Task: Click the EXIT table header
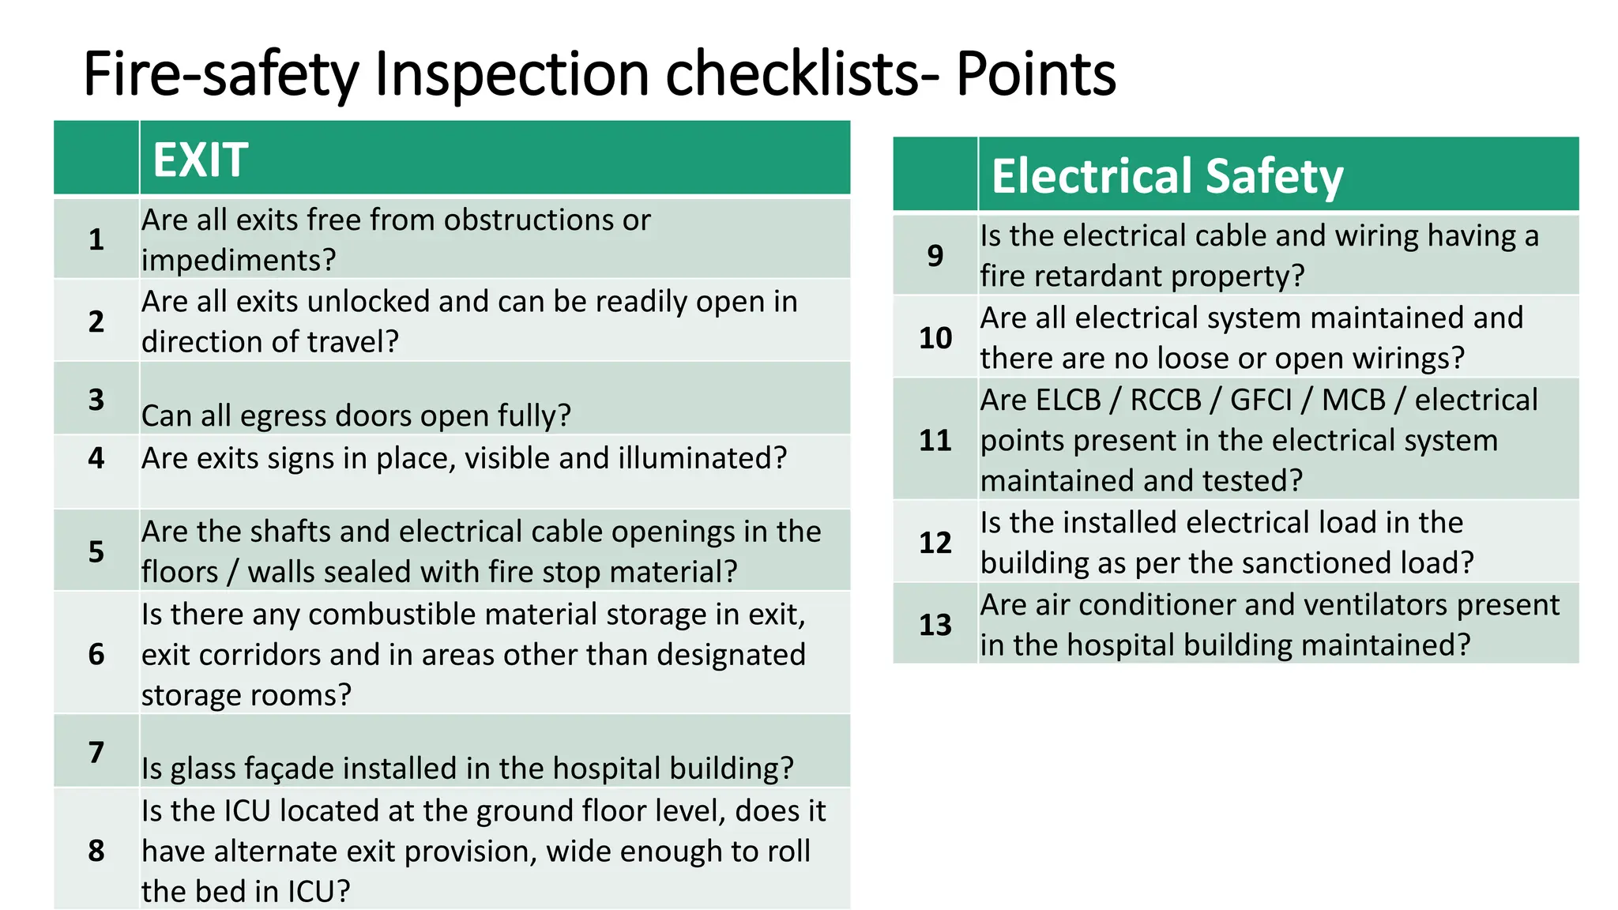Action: click(x=201, y=160)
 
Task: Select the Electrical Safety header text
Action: click(x=1167, y=175)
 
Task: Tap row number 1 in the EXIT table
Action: click(x=96, y=239)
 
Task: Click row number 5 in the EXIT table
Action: click(x=96, y=551)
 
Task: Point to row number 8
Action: click(x=96, y=851)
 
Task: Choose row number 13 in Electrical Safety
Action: click(x=935, y=625)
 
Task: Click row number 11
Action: click(x=935, y=440)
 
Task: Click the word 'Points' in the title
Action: click(x=1036, y=73)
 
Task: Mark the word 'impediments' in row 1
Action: click(x=239, y=260)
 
